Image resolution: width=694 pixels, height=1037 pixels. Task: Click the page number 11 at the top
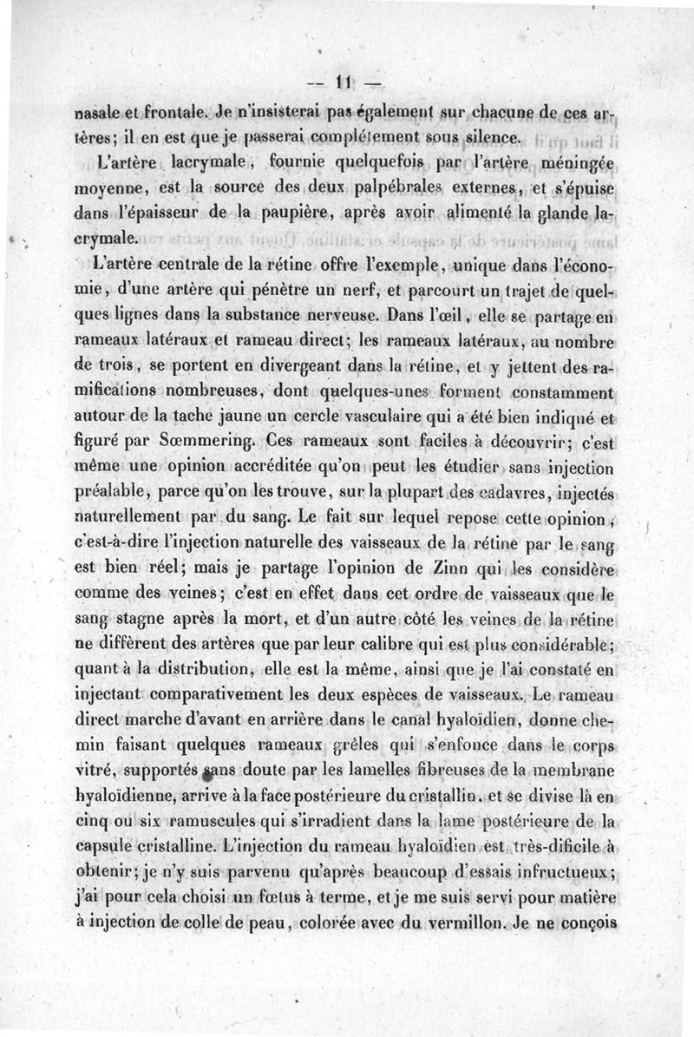click(x=341, y=83)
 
